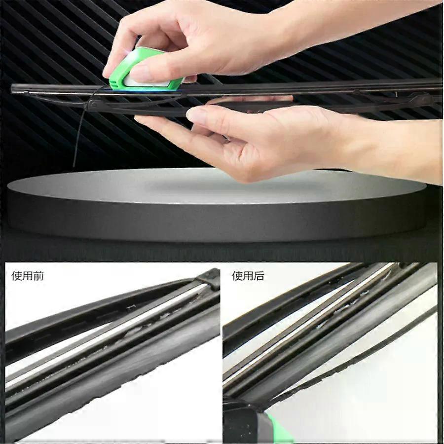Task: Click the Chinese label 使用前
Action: (28, 275)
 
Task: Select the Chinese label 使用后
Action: (248, 275)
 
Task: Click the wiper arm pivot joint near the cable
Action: (93, 106)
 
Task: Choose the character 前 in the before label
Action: (38, 275)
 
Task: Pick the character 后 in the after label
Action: (259, 275)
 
